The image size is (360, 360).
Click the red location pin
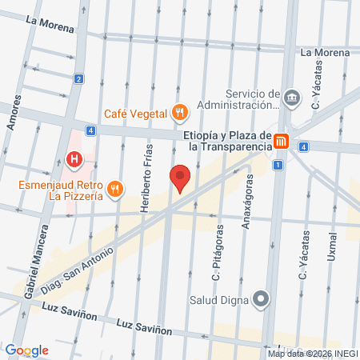tap(180, 178)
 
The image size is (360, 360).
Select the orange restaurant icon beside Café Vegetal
tap(181, 113)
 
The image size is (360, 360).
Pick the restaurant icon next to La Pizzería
tap(116, 189)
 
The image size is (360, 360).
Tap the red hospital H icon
tap(74, 160)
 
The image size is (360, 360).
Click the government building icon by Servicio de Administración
tap(292, 98)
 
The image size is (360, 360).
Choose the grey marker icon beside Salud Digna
tap(261, 301)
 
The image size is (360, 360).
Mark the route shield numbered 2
tap(78, 78)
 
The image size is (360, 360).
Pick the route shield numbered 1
tap(277, 165)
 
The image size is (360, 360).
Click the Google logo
tap(27, 350)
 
